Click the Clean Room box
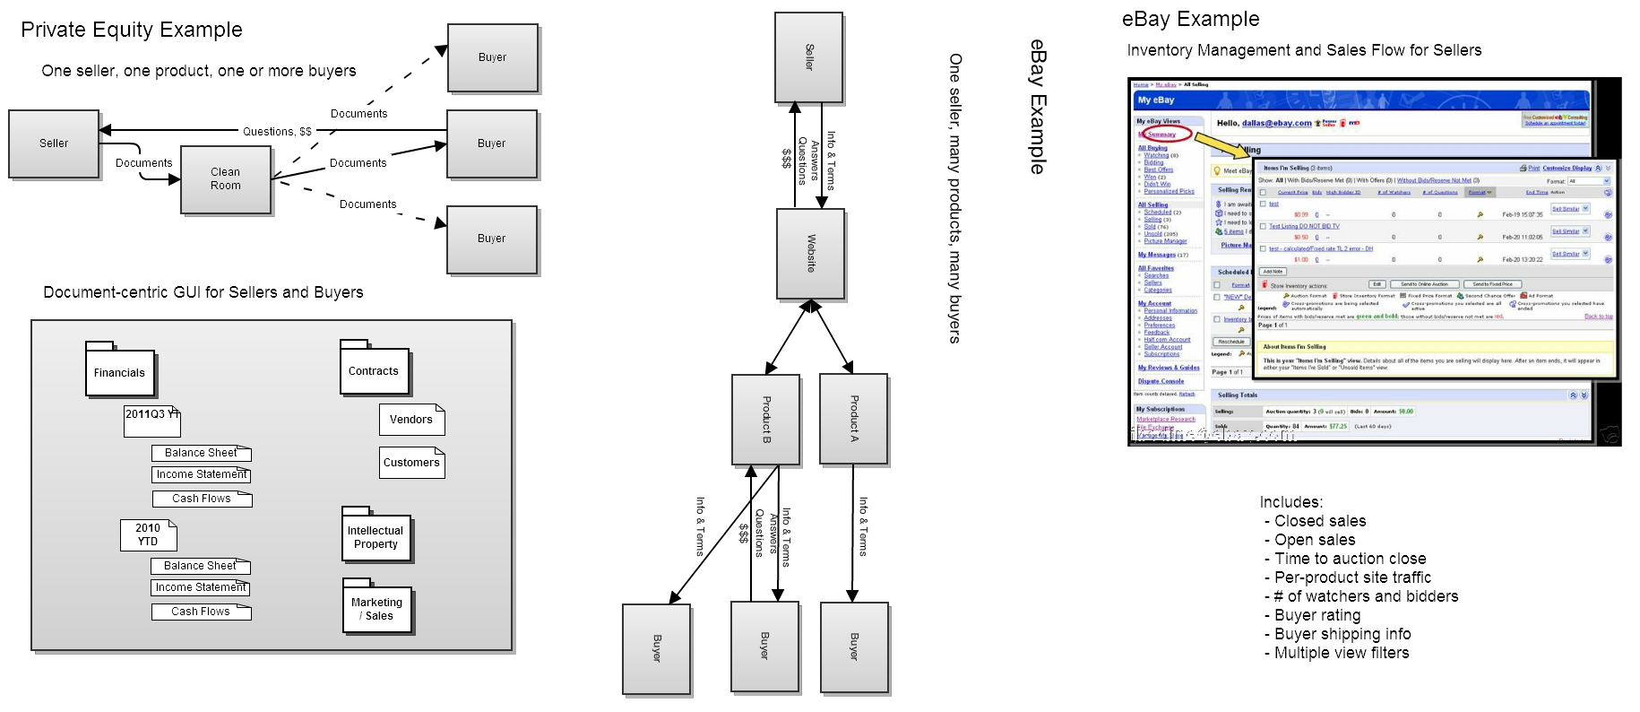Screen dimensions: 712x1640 pyautogui.click(x=226, y=179)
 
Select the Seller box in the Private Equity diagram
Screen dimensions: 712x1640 pyautogui.click(x=54, y=143)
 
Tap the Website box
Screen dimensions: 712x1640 pyautogui.click(x=810, y=254)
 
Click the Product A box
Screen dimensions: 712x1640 pyautogui.click(x=853, y=419)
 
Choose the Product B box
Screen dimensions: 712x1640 pyautogui.click(x=765, y=420)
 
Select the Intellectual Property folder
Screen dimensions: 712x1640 pyautogui.click(x=375, y=537)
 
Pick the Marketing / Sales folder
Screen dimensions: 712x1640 pyautogui.click(x=377, y=609)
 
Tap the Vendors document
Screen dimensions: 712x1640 pyautogui.click(x=411, y=420)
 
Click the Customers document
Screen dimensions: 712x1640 pyautogui.click(x=411, y=463)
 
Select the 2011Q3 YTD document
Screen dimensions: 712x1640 pyautogui.click(x=151, y=421)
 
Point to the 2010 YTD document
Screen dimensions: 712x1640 pyautogui.click(x=148, y=534)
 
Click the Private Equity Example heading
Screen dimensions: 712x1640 pyautogui.click(x=132, y=30)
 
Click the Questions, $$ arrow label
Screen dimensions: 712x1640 pyautogui.click(x=277, y=132)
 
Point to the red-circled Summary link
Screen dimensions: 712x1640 pyautogui.click(x=1161, y=135)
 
